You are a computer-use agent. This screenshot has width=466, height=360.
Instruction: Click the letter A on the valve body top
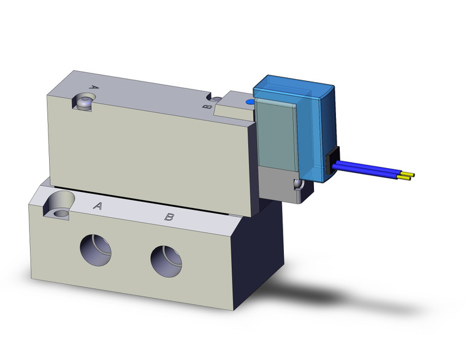[x=94, y=87]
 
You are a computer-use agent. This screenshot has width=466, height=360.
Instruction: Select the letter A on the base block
[x=97, y=206]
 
